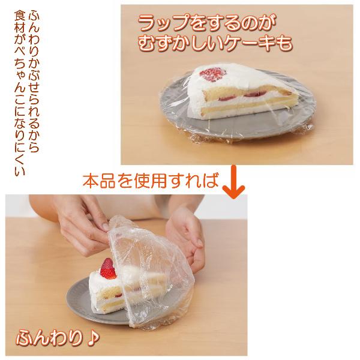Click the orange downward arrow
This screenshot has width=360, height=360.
(233, 182)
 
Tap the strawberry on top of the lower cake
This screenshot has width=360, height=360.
(107, 269)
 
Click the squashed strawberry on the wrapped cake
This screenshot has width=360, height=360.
(212, 74)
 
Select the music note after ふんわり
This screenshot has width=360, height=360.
(93, 338)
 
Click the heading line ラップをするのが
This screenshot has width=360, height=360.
(207, 23)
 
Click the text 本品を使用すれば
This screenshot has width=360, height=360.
(150, 181)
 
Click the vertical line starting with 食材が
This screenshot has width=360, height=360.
(20, 94)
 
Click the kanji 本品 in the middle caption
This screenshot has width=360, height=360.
(100, 181)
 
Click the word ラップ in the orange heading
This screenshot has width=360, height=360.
(164, 23)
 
